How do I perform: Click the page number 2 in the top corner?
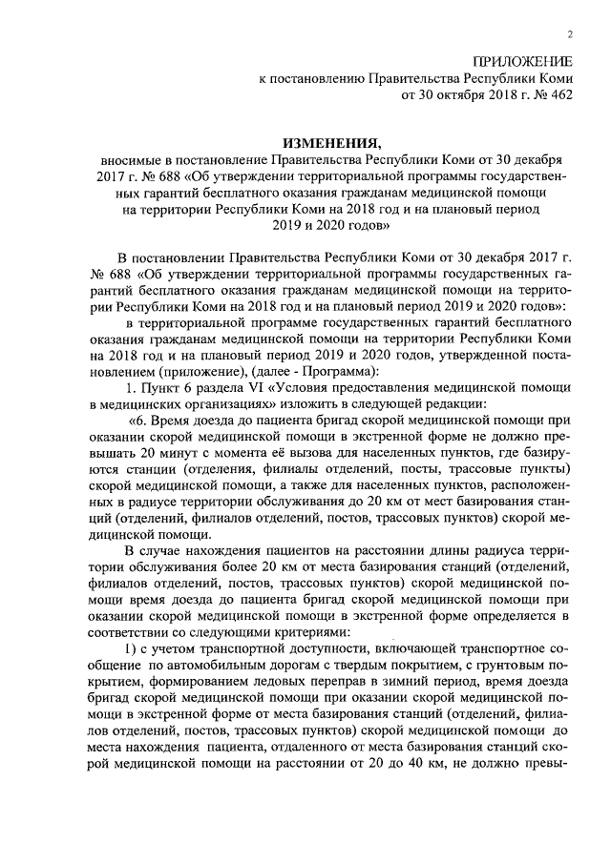(569, 35)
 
